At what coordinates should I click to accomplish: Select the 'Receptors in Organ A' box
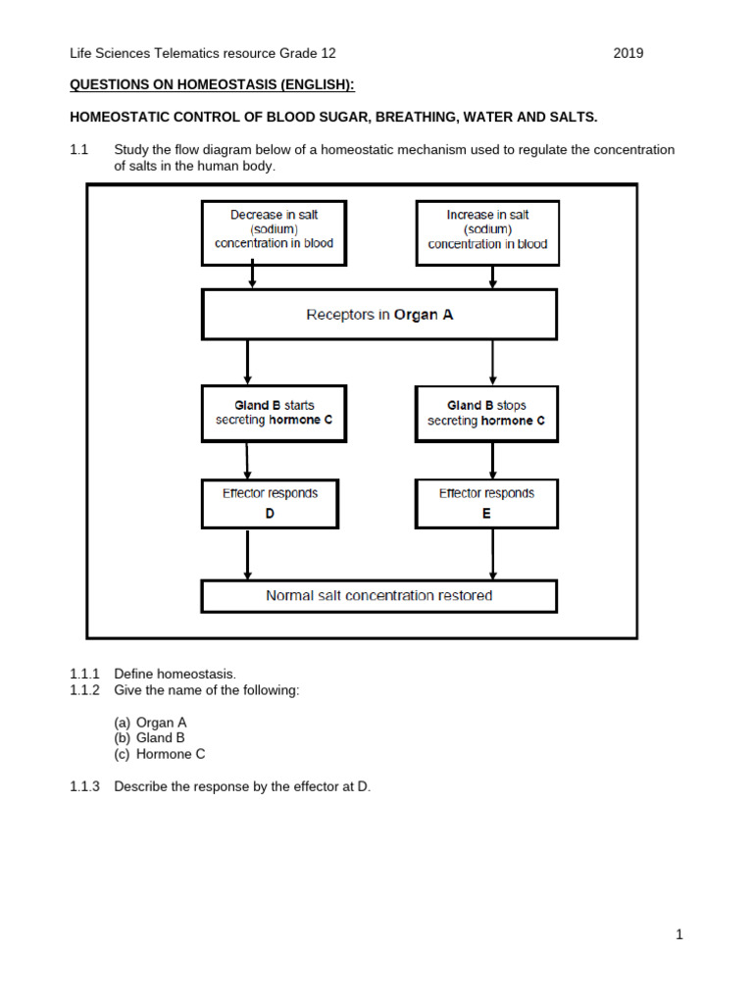click(x=379, y=315)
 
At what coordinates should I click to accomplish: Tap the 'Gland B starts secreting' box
click(x=274, y=413)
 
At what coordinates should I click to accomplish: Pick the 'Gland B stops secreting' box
click(x=486, y=413)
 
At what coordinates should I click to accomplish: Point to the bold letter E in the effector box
click(x=486, y=513)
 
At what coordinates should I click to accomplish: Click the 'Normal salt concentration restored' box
click(x=379, y=596)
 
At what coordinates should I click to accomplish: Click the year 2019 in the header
click(x=628, y=54)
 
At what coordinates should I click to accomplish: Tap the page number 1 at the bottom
click(x=678, y=935)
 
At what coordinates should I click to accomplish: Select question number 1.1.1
click(x=84, y=674)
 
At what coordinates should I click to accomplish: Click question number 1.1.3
click(x=84, y=786)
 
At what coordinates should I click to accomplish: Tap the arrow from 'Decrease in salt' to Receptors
click(x=253, y=277)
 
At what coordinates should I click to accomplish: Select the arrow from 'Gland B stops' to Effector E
click(x=492, y=460)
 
